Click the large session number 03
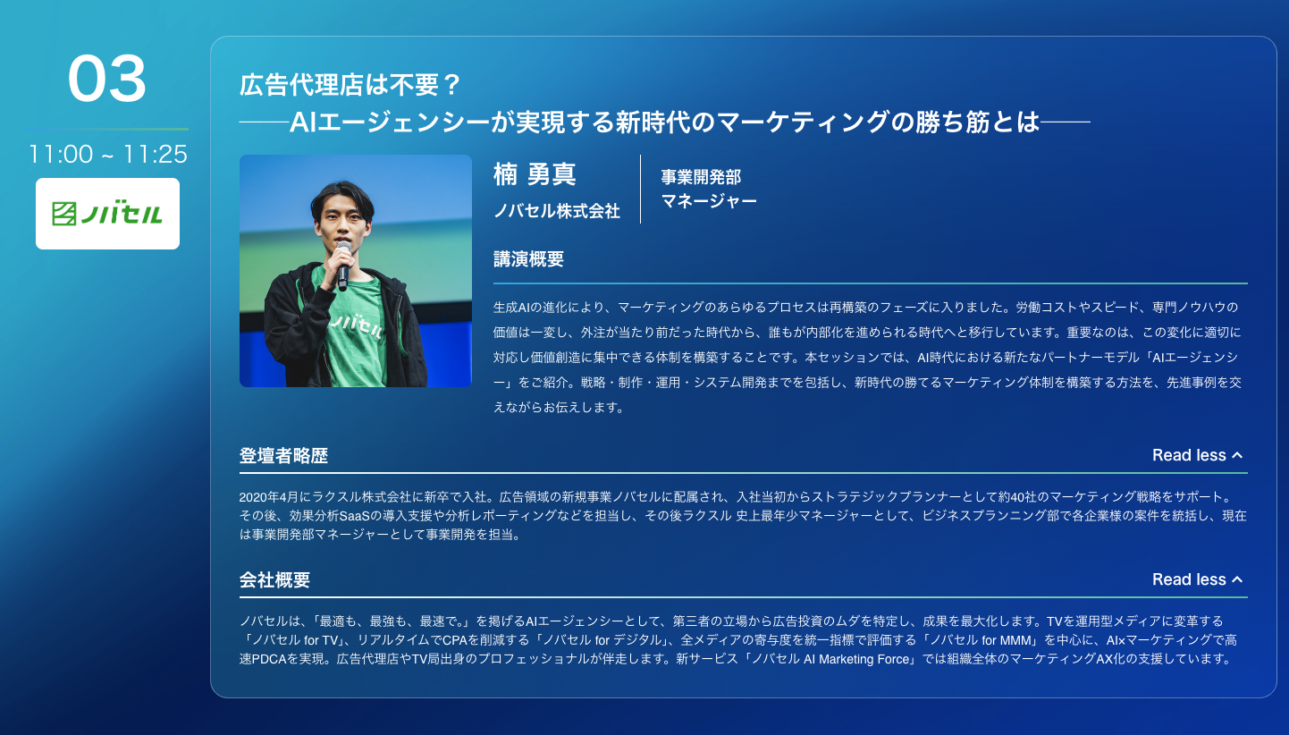tap(107, 79)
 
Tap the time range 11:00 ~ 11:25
tap(108, 155)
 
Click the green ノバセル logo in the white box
tap(107, 214)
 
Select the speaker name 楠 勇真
tap(535, 173)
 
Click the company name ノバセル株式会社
tap(557, 211)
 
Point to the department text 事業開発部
tap(701, 177)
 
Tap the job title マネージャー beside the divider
tap(709, 201)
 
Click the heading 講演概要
tap(528, 259)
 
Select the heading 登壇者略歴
tap(283, 456)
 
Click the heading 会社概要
tap(274, 579)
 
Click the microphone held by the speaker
tap(343, 265)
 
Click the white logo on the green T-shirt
tap(358, 325)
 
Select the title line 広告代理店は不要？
tap(350, 85)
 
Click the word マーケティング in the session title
tap(804, 122)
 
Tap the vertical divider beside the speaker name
tap(640, 189)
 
